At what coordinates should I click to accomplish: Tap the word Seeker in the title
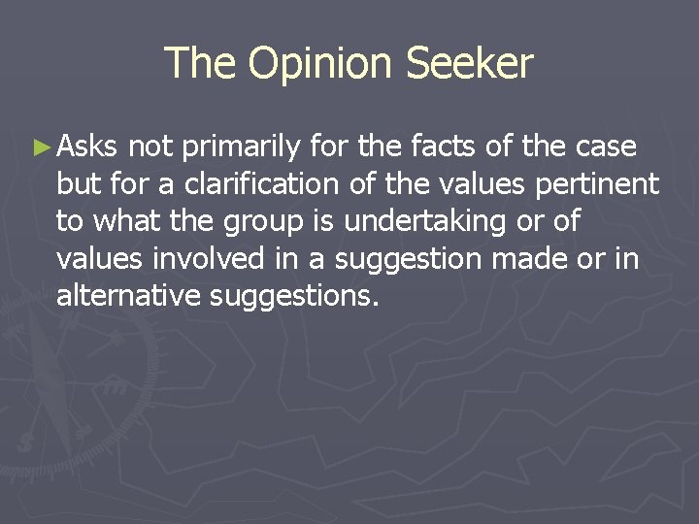469,64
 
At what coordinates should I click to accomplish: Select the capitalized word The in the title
202,64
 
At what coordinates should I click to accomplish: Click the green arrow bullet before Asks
40,147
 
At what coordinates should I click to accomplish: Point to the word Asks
87,147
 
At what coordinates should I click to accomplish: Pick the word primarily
242,147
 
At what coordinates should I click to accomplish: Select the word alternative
128,294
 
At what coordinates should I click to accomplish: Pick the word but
76,183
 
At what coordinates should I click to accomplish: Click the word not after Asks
150,147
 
